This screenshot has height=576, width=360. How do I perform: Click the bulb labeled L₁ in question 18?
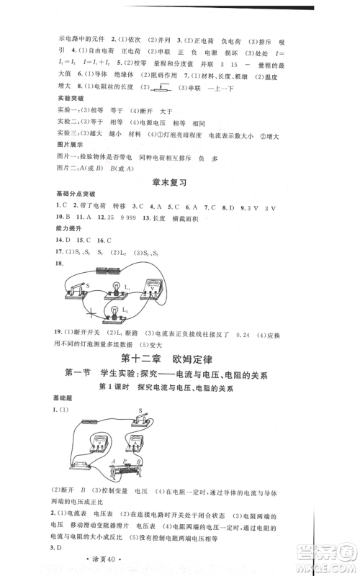[113, 286]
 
